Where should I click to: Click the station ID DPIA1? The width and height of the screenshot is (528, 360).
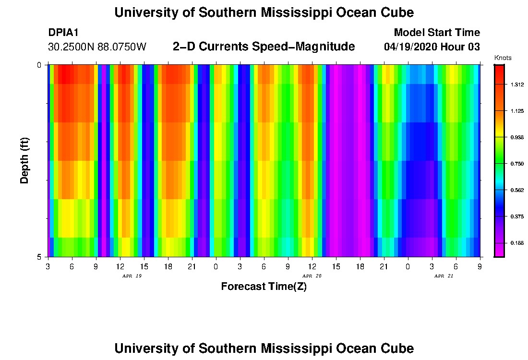(x=63, y=33)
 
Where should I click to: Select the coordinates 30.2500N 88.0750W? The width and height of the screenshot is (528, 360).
(x=97, y=47)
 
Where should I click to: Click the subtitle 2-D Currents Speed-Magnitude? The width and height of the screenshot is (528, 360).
(x=264, y=47)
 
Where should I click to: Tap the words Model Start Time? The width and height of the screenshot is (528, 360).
(x=436, y=33)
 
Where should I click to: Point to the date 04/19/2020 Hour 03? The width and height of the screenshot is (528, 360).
(x=432, y=47)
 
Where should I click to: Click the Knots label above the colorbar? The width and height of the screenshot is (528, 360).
(x=503, y=58)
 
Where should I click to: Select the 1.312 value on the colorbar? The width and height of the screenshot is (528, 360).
(x=517, y=85)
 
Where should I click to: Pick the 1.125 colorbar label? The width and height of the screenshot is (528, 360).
(x=517, y=111)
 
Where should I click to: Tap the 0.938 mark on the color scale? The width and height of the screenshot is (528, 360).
(x=517, y=138)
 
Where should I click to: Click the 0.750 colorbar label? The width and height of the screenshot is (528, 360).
(x=517, y=164)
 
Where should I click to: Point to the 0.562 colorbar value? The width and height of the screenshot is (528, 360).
(x=517, y=191)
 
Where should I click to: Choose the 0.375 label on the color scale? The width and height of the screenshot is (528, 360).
(x=517, y=217)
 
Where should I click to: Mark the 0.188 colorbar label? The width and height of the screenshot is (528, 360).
(x=517, y=243)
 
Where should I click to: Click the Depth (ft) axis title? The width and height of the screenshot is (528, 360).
(x=25, y=160)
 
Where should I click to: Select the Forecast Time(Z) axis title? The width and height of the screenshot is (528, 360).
(x=264, y=287)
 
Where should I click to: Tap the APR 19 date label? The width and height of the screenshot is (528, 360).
(x=132, y=276)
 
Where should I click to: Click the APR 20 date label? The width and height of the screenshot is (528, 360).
(x=312, y=276)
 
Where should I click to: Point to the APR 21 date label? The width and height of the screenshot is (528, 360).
(x=444, y=276)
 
